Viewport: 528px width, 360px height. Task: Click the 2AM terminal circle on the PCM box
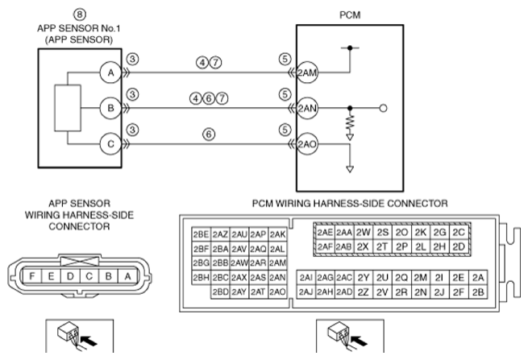[306, 72]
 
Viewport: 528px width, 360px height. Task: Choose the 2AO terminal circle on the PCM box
[306, 145]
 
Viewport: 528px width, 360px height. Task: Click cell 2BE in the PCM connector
[202, 234]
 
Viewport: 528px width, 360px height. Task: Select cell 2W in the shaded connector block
[363, 232]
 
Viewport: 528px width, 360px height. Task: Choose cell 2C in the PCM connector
[459, 232]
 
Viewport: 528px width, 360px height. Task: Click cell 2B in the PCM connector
[479, 292]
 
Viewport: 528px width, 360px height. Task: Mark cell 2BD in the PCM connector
[220, 292]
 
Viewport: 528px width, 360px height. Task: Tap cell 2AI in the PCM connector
[306, 277]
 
